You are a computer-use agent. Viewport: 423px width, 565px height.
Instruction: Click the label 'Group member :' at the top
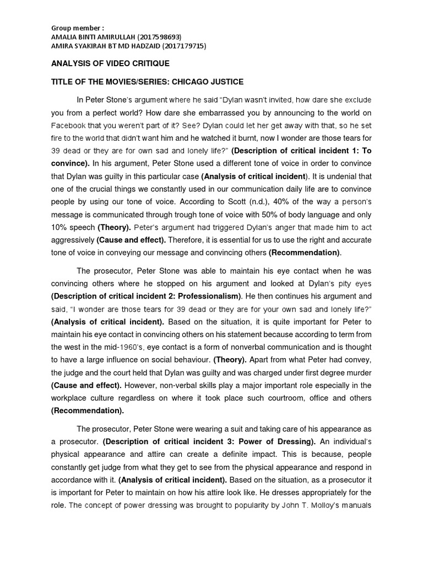pos(77,28)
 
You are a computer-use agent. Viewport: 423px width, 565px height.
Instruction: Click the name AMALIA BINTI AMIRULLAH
pos(97,37)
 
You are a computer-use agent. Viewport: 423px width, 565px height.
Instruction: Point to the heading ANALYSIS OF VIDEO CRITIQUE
pos(110,64)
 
